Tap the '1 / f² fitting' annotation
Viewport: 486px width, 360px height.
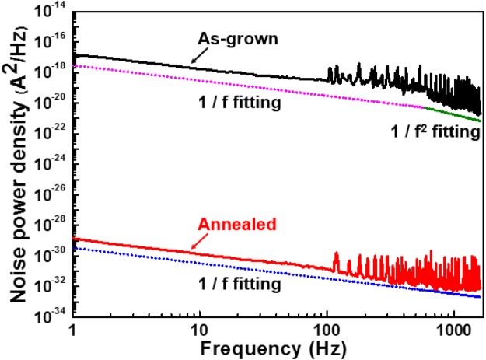(x=434, y=133)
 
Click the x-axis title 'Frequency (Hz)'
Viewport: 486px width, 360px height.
(x=277, y=347)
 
